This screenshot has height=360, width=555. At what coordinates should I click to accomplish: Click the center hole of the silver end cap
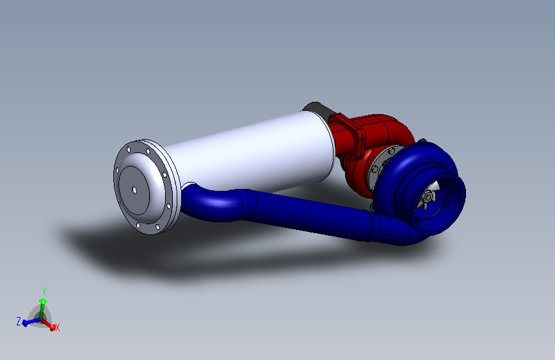(134, 191)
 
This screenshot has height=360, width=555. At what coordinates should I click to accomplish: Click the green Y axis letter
(44, 291)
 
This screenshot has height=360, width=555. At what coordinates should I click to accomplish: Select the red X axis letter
(58, 327)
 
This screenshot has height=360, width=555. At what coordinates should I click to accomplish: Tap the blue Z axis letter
(19, 322)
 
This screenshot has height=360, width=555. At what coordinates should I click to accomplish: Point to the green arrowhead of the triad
(43, 301)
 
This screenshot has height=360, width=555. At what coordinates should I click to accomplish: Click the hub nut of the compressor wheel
(428, 196)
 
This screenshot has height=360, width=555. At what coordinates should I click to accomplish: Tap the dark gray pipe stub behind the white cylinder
(317, 108)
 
